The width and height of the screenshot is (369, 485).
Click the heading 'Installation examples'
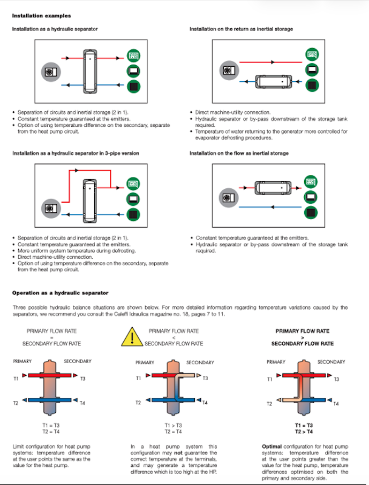(x=41, y=16)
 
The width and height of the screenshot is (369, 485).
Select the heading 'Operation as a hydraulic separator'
(x=60, y=293)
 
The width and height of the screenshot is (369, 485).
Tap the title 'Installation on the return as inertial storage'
(x=241, y=29)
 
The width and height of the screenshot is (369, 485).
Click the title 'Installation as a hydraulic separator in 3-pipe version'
(x=76, y=153)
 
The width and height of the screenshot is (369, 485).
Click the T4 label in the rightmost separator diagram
(x=336, y=404)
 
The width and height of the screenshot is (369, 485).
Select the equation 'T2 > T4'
(x=304, y=431)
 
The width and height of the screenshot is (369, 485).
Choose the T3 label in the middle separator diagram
(x=205, y=379)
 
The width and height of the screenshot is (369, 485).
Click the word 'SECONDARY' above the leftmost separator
(x=78, y=361)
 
